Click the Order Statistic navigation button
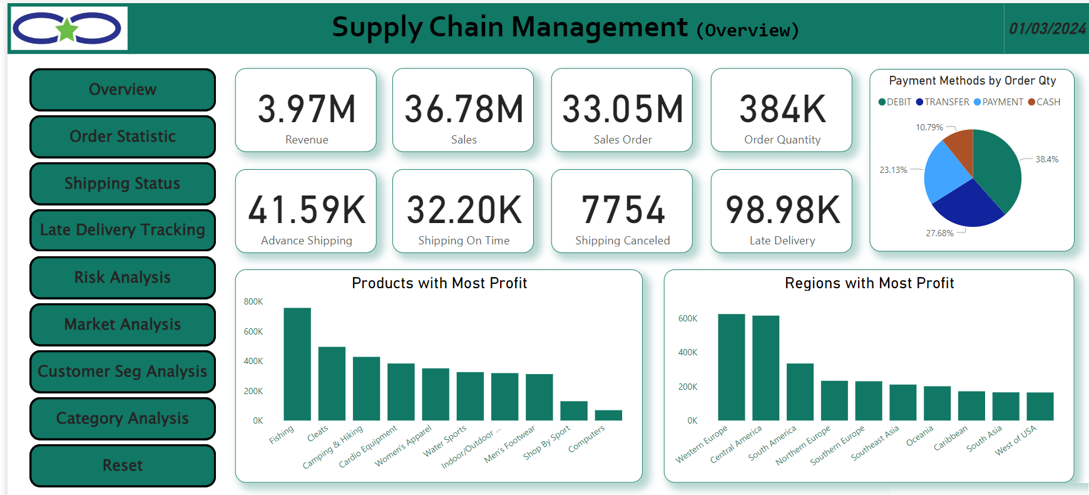pos(123,137)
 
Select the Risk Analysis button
pos(123,278)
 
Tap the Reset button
pos(123,466)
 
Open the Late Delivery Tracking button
pos(123,230)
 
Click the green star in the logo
pos(67,29)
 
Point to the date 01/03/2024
pos(1047,29)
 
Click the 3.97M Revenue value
pos(307,109)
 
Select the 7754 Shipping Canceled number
pos(623,210)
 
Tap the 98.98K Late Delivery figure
pos(782,210)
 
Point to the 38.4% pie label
pos(1046,159)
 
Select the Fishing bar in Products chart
pos(297,364)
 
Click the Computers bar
pos(608,415)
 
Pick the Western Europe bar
pos(731,367)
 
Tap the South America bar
pos(800,392)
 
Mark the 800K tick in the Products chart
pos(253,301)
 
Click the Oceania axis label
pos(919,435)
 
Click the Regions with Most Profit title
pos(869,283)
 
